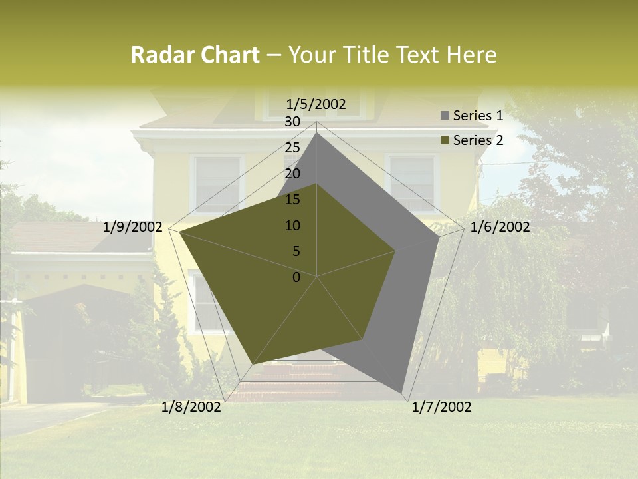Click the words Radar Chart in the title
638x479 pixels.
click(195, 55)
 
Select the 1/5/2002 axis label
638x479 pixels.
click(316, 104)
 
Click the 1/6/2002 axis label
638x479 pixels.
click(500, 227)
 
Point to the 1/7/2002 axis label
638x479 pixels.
click(441, 407)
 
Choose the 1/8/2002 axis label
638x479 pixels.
click(191, 407)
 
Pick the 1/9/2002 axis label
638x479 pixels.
click(133, 227)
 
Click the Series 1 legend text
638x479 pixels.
click(478, 116)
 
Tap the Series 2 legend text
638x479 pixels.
click(478, 140)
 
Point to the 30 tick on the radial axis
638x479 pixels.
click(292, 122)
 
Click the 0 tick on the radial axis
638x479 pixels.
click(296, 277)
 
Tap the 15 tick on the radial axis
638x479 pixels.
click(292, 200)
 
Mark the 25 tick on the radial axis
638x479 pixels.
click(292, 148)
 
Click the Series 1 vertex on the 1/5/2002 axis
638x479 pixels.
click(317, 132)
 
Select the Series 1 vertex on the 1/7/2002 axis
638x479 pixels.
click(402, 393)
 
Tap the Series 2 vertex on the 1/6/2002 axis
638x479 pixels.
click(395, 251)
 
